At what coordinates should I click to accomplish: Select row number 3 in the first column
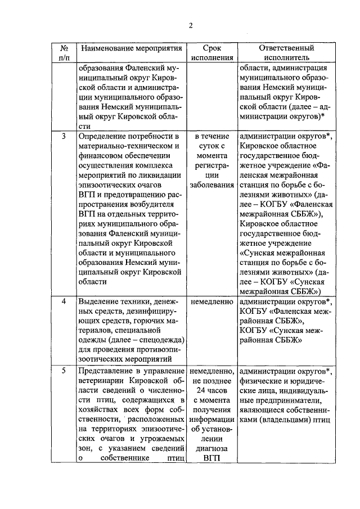64,137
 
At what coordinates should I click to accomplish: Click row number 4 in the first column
64,301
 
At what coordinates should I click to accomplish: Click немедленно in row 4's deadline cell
211,301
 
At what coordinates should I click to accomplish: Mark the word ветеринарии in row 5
103,381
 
